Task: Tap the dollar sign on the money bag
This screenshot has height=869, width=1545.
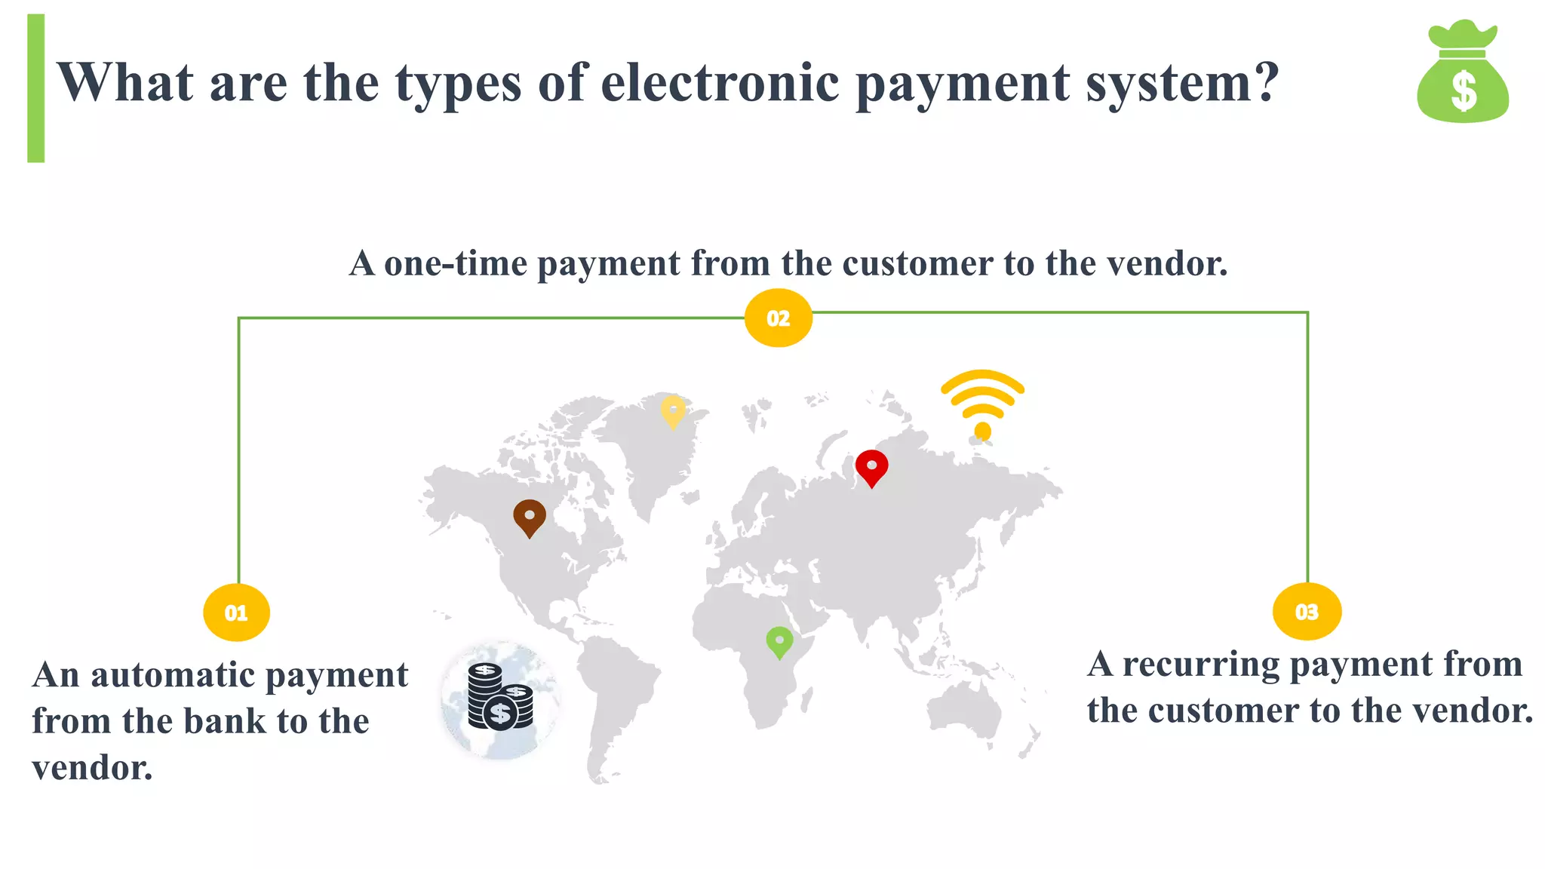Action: (1464, 91)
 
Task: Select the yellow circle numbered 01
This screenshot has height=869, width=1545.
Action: (236, 613)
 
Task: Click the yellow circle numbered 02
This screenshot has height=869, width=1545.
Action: (778, 318)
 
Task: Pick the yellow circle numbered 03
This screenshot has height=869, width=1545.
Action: (1307, 612)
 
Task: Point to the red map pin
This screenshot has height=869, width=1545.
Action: (871, 467)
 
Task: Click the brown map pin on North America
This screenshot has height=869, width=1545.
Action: (530, 517)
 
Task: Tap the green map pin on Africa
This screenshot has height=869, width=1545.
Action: (779, 642)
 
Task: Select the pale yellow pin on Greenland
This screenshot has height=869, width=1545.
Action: (673, 411)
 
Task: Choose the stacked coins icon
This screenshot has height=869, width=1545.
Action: (500, 699)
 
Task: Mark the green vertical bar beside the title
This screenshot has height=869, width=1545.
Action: (35, 88)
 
